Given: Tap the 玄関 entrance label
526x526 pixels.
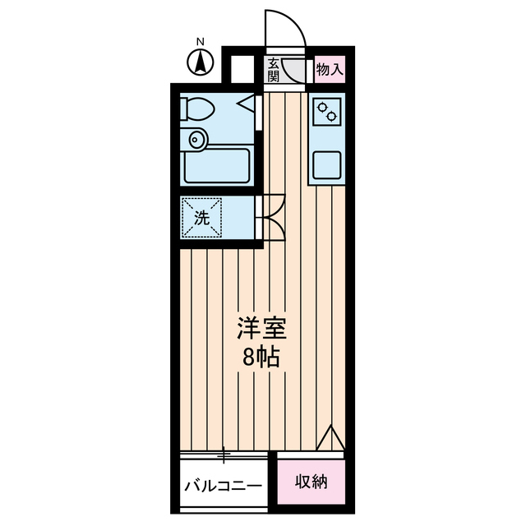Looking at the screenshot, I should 273,70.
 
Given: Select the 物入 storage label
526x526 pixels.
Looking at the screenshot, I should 330,70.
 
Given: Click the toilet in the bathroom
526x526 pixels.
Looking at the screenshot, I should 196,108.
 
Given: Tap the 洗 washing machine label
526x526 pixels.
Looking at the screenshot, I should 201,218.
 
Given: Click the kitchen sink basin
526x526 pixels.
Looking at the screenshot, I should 327,167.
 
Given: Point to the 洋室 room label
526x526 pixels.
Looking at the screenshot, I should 261,329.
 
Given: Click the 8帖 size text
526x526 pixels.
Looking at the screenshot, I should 261,358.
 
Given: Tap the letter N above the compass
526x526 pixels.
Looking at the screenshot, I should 200,42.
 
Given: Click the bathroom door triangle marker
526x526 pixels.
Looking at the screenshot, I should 247,105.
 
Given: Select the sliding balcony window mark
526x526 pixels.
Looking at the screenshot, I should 224,452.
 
